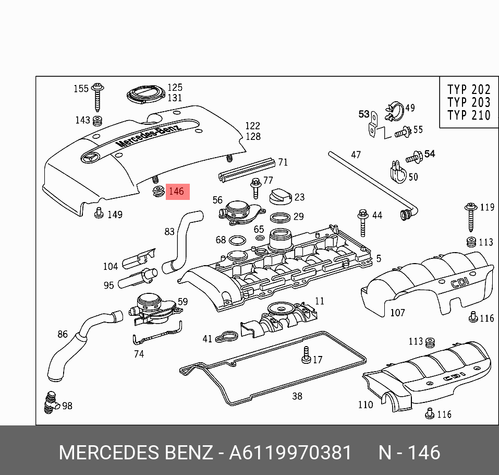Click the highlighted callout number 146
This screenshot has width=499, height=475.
[177, 192]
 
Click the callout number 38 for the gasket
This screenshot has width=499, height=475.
[297, 396]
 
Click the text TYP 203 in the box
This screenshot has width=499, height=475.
[469, 102]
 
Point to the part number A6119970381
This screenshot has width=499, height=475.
[290, 453]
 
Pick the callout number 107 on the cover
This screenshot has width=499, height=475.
[397, 313]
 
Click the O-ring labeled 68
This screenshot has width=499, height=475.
[237, 240]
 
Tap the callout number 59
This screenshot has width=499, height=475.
[182, 302]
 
